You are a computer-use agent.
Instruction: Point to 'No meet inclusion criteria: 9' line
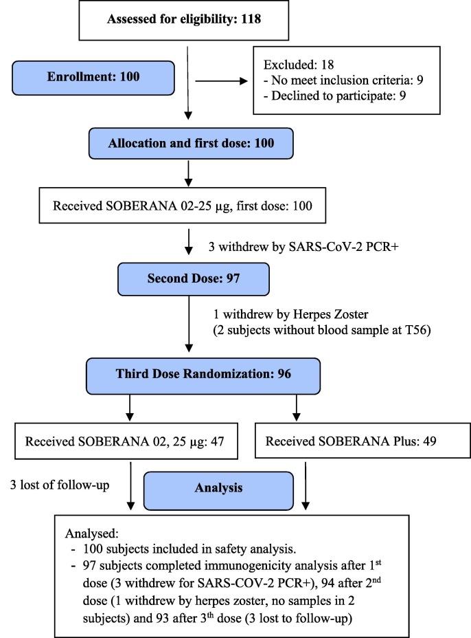[343, 80]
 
